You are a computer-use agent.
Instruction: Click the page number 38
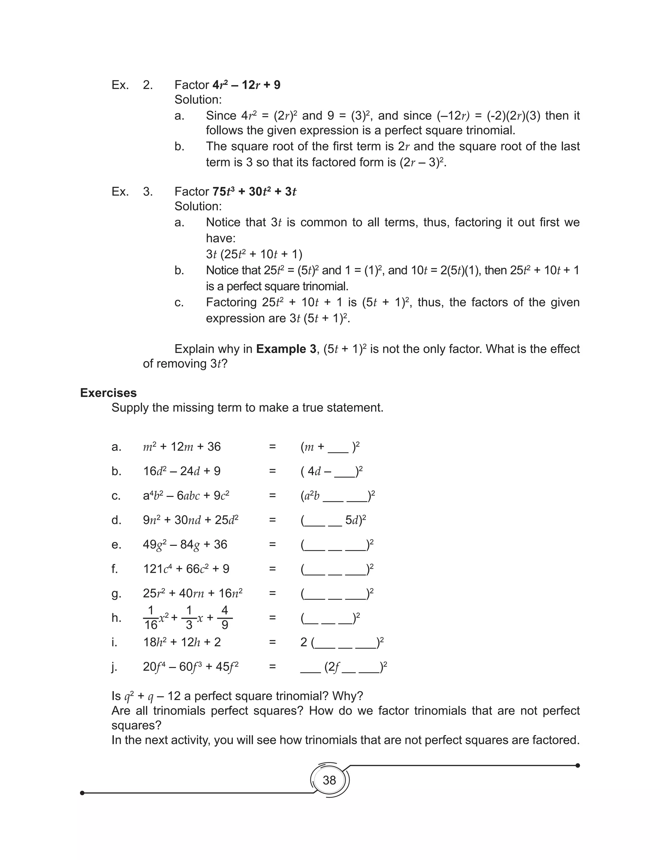329,780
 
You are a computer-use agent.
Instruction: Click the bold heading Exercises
108,393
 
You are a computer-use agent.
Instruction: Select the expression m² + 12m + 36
182,447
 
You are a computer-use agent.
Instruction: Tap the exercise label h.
116,618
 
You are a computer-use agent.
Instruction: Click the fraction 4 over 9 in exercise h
225,618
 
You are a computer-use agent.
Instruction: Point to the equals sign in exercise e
272,544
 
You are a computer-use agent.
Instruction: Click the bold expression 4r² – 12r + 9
246,85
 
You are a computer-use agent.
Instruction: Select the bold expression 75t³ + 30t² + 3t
254,192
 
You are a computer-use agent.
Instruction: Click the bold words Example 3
286,349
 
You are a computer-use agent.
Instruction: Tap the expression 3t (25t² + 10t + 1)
254,254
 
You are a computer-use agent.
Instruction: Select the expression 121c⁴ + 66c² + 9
186,569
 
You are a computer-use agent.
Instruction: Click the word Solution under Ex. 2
198,100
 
